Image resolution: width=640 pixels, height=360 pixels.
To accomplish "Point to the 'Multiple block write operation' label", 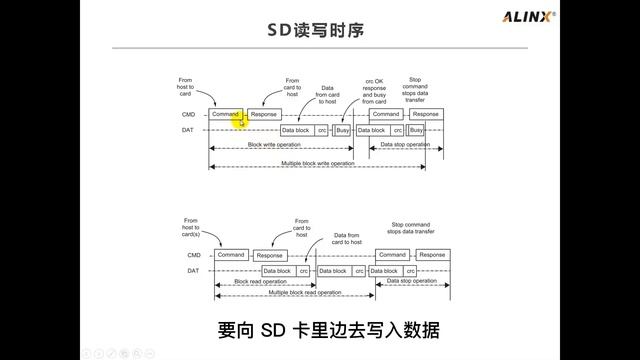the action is point(316,161).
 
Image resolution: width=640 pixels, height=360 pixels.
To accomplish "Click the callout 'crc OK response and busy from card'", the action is point(373,90).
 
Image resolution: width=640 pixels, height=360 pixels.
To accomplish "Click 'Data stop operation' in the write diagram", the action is point(406,145).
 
